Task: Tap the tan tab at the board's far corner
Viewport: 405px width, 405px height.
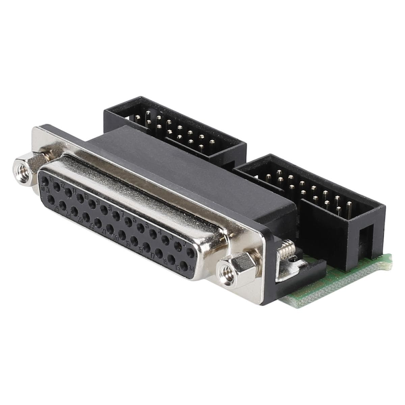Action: pyautogui.click(x=388, y=258)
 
